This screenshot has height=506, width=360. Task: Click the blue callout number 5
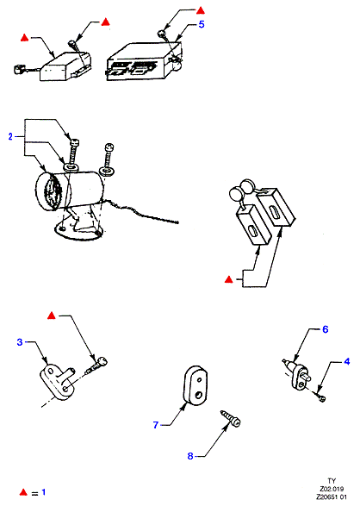point(202,24)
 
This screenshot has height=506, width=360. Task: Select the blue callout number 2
point(10,136)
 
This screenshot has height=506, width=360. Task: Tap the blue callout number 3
point(20,342)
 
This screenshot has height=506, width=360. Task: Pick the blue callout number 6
point(326,329)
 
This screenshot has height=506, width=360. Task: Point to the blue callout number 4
point(347,361)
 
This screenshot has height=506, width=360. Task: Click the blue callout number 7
point(156,425)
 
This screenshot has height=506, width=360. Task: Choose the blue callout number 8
point(190,456)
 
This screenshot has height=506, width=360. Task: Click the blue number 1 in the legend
point(44,492)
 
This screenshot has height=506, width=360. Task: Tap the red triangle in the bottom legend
point(23,492)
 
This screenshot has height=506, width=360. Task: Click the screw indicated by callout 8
point(231,418)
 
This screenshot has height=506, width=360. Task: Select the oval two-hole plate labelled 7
point(196,385)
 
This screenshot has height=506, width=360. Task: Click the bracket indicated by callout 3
point(58,381)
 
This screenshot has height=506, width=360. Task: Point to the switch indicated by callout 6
point(297,372)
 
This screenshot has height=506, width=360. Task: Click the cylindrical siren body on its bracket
point(69,191)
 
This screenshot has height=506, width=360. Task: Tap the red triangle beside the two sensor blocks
point(229,279)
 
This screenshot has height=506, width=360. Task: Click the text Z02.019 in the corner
point(332,489)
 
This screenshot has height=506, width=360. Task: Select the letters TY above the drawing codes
point(332,481)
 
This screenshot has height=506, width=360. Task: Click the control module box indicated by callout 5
point(144,61)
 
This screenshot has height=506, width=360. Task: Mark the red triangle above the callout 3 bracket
point(52,315)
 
